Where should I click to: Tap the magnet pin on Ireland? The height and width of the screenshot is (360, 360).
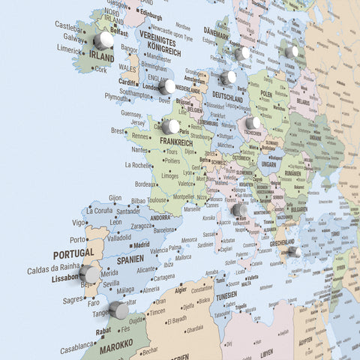tap(103, 40)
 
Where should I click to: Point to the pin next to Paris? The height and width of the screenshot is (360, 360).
tap(170, 127)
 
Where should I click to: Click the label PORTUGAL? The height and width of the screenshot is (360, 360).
tap(73, 255)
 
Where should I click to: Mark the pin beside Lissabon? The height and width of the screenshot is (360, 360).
tap(90, 274)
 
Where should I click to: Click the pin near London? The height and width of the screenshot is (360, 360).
tap(168, 87)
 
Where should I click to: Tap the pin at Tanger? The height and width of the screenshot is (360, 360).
tap(119, 310)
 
